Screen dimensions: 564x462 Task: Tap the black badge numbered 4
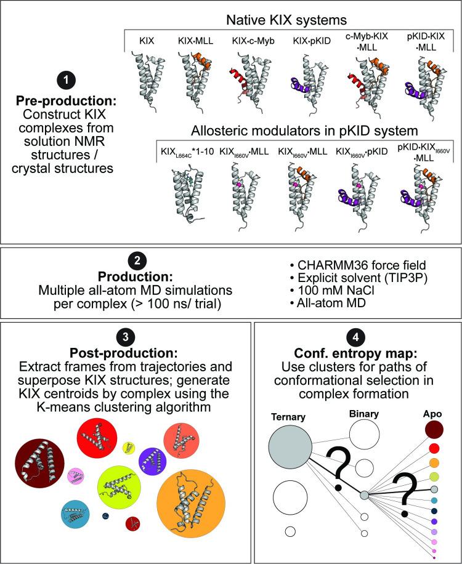[352, 333]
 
